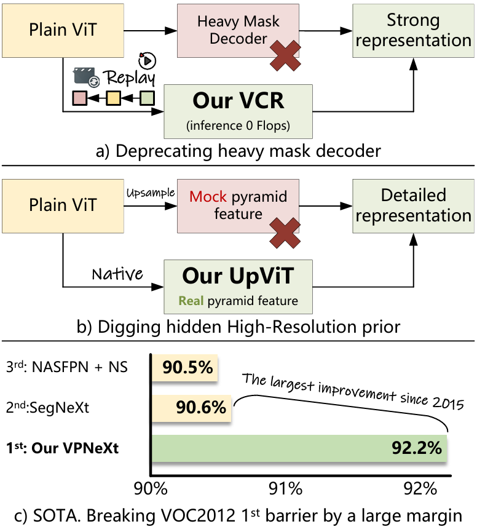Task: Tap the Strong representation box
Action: click(412, 30)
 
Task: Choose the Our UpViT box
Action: click(238, 287)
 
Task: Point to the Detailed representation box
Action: click(412, 205)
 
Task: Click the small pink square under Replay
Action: click(79, 98)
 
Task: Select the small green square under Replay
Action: click(146, 98)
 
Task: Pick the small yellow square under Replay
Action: click(112, 98)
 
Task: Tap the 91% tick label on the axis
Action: click(286, 490)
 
